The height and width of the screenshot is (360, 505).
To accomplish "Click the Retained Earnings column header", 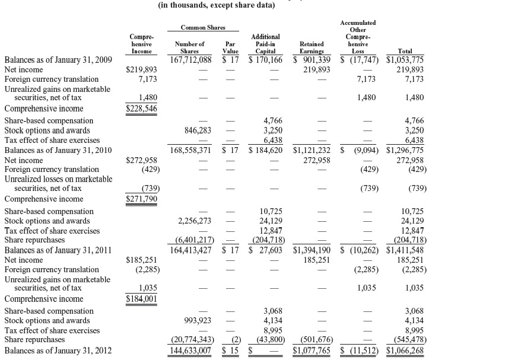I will pos(312,47).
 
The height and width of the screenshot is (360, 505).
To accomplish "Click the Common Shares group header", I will pos(202,28).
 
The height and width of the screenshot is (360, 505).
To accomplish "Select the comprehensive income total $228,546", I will pos(142,109).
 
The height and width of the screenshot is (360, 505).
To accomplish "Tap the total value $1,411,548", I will pos(405,250).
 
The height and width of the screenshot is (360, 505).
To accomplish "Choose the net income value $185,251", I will pos(142,260).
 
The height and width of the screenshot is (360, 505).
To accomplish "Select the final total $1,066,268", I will pos(405,350).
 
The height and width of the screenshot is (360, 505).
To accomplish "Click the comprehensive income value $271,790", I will pos(142,199).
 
